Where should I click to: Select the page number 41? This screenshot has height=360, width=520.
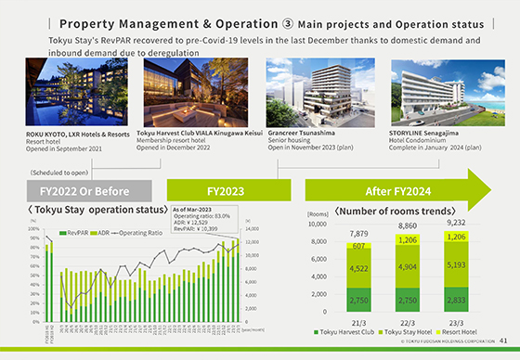click(502, 341)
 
